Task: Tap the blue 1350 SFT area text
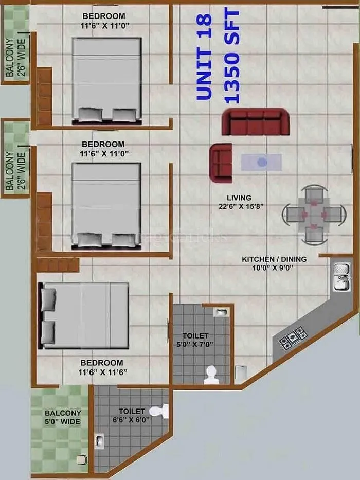coord(232,57)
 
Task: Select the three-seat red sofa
coord(255,122)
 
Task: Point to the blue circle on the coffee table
coord(262,162)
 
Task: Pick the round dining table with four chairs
coord(313,214)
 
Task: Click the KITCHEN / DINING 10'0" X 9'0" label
coord(274,263)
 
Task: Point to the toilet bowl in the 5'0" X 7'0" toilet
coord(210,374)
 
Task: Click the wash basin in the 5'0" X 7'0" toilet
coord(221,312)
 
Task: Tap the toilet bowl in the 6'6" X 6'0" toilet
coord(164,411)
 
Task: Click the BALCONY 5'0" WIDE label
coord(62,417)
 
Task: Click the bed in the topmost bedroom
coord(106,80)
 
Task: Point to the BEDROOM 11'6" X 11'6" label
coord(101,367)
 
